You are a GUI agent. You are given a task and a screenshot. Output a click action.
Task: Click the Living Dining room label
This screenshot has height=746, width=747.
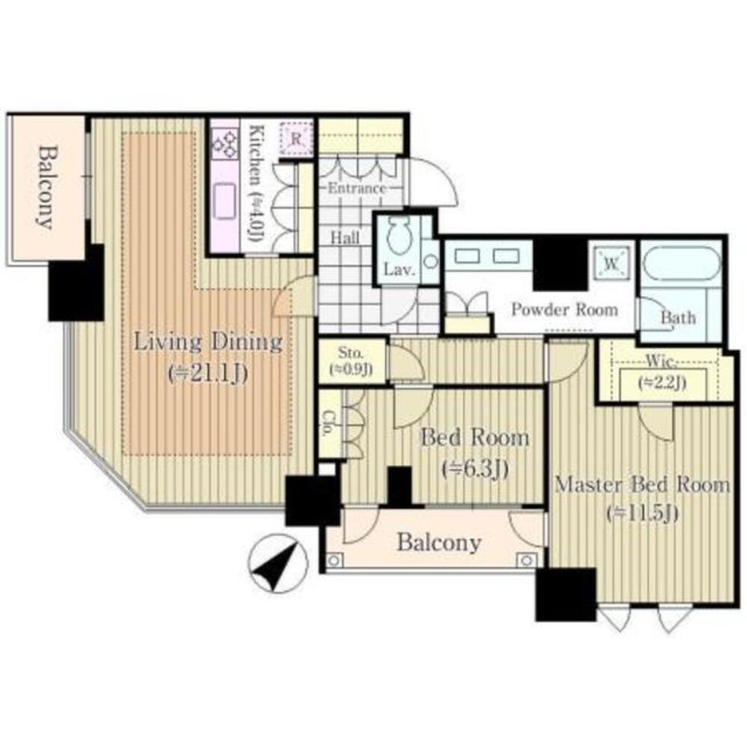[x=208, y=342]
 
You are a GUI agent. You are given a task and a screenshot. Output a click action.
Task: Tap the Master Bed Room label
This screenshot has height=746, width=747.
[x=642, y=485]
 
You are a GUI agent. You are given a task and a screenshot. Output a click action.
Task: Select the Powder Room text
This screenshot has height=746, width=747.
[x=565, y=310]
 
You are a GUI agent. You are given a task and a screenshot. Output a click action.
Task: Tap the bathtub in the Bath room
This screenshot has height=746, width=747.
[x=681, y=264]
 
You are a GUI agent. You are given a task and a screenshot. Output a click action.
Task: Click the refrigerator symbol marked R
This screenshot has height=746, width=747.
[x=297, y=139]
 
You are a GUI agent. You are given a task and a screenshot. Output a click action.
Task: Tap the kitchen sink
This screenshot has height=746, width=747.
[x=225, y=201]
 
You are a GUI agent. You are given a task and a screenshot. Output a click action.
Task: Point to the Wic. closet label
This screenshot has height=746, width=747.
[x=661, y=361]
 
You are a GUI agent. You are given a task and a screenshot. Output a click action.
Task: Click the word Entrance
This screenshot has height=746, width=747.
[x=357, y=187]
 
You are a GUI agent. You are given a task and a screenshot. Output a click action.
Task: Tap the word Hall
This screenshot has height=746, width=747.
[x=345, y=237]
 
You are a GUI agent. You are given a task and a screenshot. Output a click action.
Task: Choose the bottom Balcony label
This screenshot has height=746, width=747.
[x=438, y=543]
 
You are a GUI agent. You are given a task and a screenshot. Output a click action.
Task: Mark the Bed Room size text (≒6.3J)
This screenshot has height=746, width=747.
[x=475, y=470]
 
